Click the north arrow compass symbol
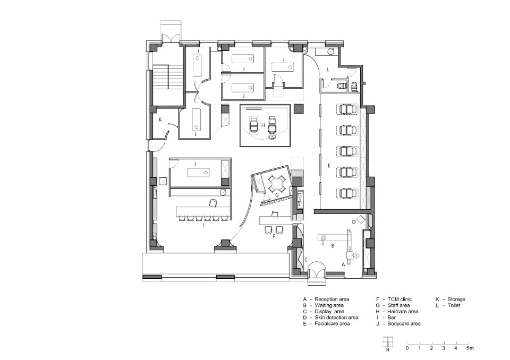(x=388, y=342)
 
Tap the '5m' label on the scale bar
(x=470, y=348)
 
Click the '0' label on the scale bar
(x=407, y=348)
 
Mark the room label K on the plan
(x=160, y=119)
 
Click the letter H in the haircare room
(x=263, y=125)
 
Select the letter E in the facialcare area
(x=329, y=166)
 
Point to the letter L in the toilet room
(x=328, y=70)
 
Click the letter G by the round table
(x=277, y=194)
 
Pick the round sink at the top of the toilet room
(x=330, y=52)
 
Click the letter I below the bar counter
(x=203, y=225)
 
